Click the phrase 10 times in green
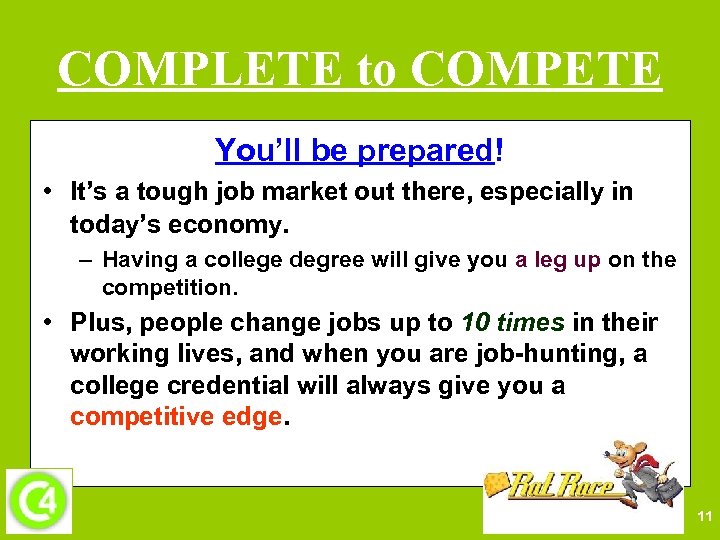tap(513, 323)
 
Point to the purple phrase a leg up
tap(558, 260)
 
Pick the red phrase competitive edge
tap(176, 417)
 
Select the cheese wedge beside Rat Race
tap(497, 482)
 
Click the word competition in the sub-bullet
tap(169, 288)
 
